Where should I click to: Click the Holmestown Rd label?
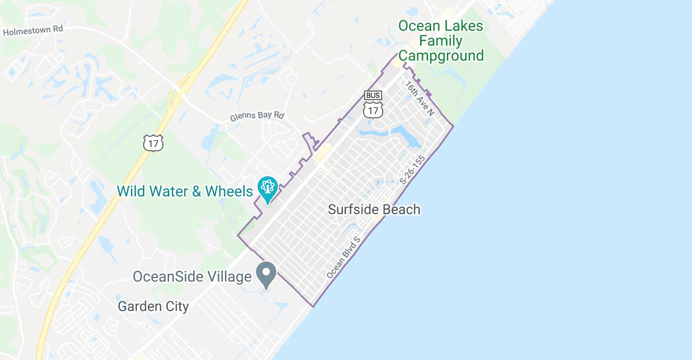(33, 31)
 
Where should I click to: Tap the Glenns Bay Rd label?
(258, 116)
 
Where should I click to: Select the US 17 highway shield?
(153, 142)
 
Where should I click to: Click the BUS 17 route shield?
(373, 104)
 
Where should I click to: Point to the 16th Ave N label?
(419, 98)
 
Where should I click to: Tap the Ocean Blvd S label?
(344, 257)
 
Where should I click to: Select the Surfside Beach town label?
(374, 209)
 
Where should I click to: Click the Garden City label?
(153, 306)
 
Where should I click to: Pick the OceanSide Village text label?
(192, 277)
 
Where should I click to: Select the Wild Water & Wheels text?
(185, 191)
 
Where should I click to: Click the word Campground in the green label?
(441, 56)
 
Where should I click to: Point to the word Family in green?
(441, 41)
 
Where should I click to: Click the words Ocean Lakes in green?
(441, 26)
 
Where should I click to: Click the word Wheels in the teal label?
(229, 191)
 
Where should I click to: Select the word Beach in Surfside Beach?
(399, 209)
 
